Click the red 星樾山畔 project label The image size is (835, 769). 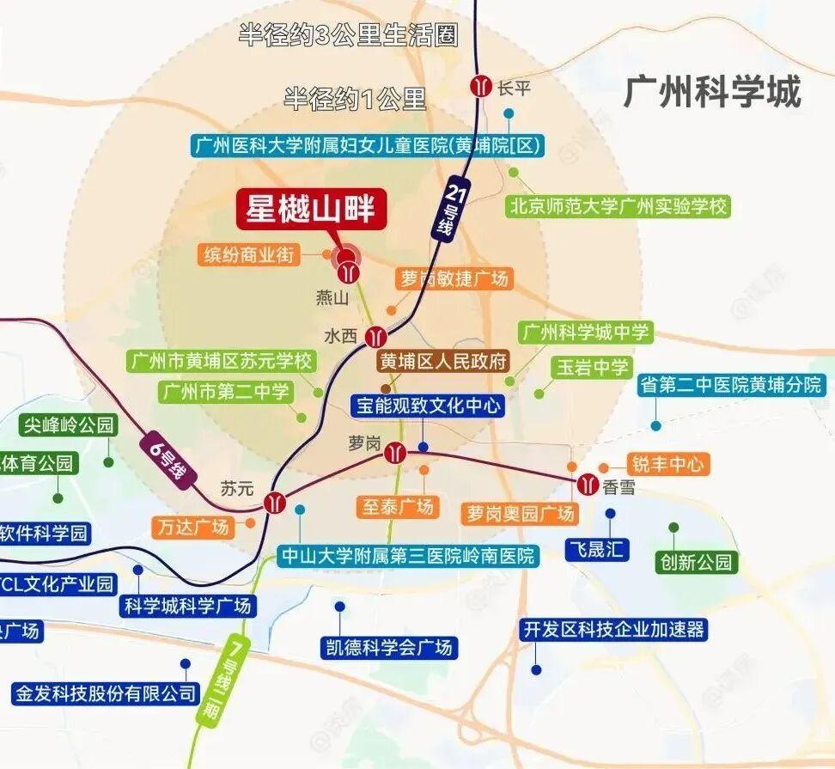point(312,210)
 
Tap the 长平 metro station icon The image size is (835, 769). point(480,86)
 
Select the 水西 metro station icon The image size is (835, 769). point(375,336)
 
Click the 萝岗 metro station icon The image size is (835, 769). point(395,452)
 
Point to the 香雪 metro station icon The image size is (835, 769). point(588,485)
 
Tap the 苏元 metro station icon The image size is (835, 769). point(275,502)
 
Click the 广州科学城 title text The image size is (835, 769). point(712,91)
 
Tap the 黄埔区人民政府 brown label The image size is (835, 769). point(444,361)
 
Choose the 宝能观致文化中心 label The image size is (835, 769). point(427,406)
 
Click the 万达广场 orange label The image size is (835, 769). point(194,526)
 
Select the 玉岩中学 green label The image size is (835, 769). point(592,368)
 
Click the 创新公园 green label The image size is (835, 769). point(696,562)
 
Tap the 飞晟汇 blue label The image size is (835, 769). point(596,549)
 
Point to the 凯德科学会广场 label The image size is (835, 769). point(387,647)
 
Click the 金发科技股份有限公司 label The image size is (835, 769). point(106,693)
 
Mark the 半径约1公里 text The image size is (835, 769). point(355,100)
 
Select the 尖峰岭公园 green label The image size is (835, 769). point(69,424)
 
